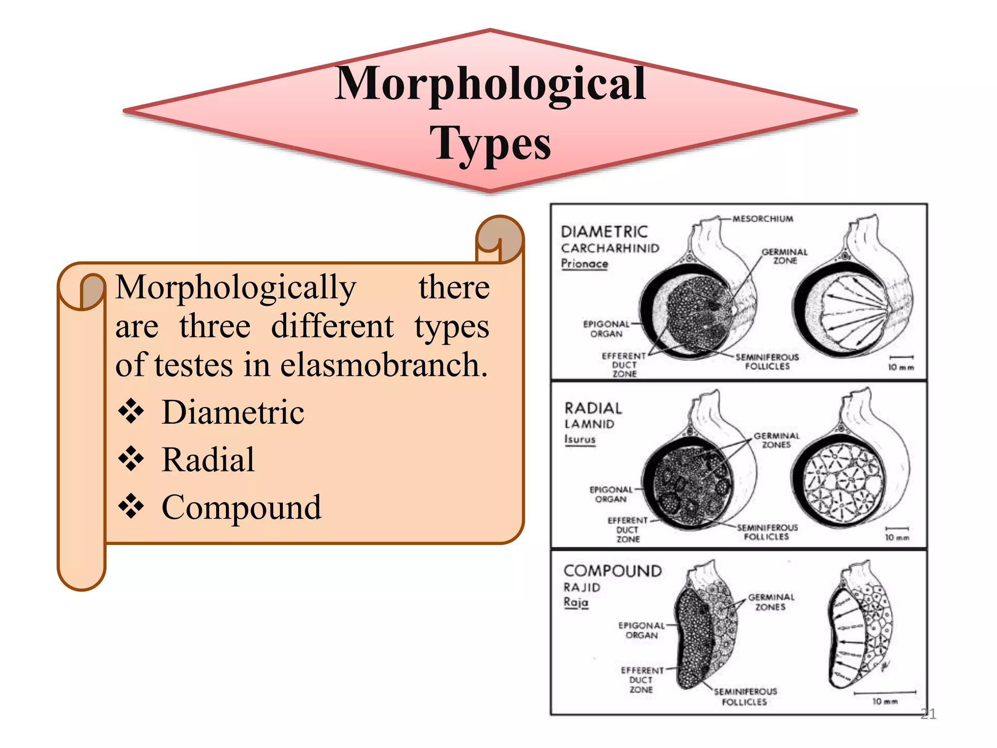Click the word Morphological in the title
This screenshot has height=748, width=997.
pos(490,84)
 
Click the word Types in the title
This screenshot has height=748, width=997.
pos(490,142)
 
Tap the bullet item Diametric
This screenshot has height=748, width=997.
pos(233,412)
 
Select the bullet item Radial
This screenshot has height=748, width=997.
pos(208,459)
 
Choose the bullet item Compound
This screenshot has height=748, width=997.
pos(241,507)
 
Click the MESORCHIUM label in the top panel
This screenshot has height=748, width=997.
pos(762,219)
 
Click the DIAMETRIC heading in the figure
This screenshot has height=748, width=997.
pos(604,231)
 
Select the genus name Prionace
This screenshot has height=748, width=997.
pos(584,263)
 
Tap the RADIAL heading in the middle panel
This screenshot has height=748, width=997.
pos(593,408)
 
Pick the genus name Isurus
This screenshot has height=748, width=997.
pos(580,439)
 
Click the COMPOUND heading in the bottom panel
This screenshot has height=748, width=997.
pos(612,571)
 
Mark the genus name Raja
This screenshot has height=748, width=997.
pos(576,602)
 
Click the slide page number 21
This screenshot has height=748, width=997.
pos(928,714)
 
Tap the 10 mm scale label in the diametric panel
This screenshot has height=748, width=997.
pos(901,367)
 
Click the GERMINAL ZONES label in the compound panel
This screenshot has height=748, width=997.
pos(771,602)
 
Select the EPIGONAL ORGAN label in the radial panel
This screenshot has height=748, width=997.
pos(611,494)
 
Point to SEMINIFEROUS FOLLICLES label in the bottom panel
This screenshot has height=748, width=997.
pos(745,696)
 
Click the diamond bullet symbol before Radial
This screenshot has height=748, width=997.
pos(131,459)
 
